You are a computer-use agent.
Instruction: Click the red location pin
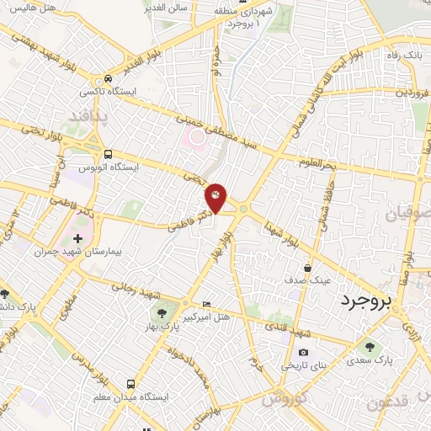[x=215, y=197]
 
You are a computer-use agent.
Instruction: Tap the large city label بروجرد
[x=371, y=301]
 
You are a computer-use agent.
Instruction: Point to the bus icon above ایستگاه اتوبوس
[x=108, y=153]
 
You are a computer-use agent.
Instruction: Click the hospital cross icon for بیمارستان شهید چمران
[x=78, y=239]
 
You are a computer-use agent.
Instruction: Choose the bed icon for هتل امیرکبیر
[x=207, y=304]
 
